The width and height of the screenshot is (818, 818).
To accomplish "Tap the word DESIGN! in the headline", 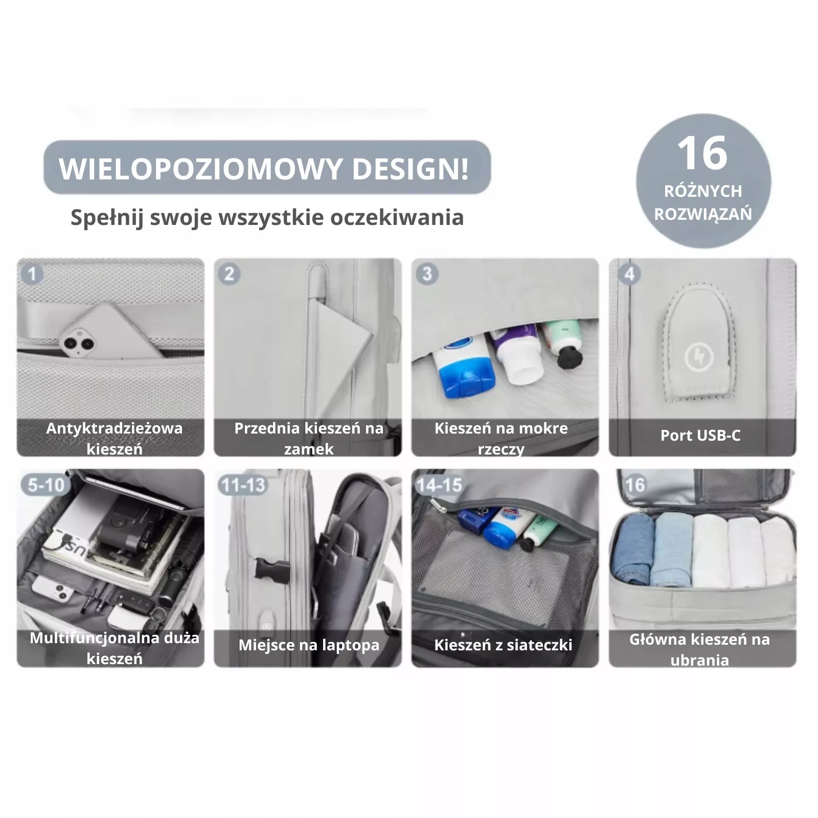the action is click(x=411, y=169).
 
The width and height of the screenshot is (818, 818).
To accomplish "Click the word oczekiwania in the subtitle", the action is click(x=397, y=217).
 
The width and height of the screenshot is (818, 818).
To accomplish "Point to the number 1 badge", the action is click(x=32, y=274).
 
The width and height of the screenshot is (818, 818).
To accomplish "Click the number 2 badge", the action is click(x=229, y=274).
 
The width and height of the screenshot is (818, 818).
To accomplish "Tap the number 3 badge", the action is click(x=427, y=274).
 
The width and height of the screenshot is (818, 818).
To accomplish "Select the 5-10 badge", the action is click(x=46, y=485).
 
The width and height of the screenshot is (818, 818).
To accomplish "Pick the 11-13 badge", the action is click(x=243, y=485).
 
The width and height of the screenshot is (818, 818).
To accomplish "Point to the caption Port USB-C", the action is click(x=700, y=436).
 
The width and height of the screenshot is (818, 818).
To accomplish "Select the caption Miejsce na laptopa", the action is click(x=309, y=645).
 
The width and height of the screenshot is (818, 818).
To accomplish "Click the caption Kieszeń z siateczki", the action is click(x=503, y=645).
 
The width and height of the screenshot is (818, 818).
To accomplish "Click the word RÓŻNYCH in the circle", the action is click(x=703, y=191).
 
